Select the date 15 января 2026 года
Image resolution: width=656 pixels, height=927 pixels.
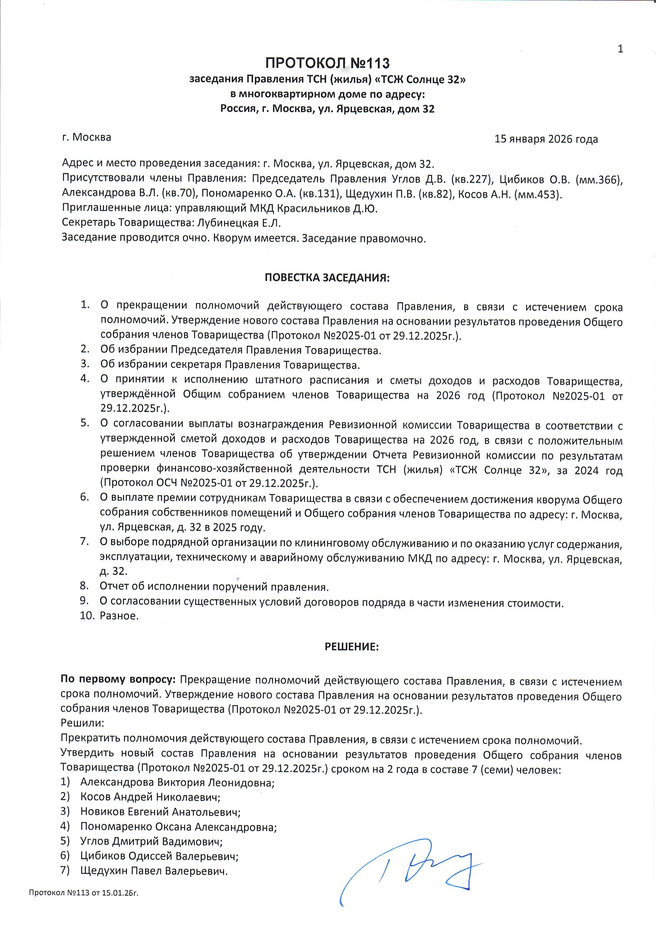pos(546,139)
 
